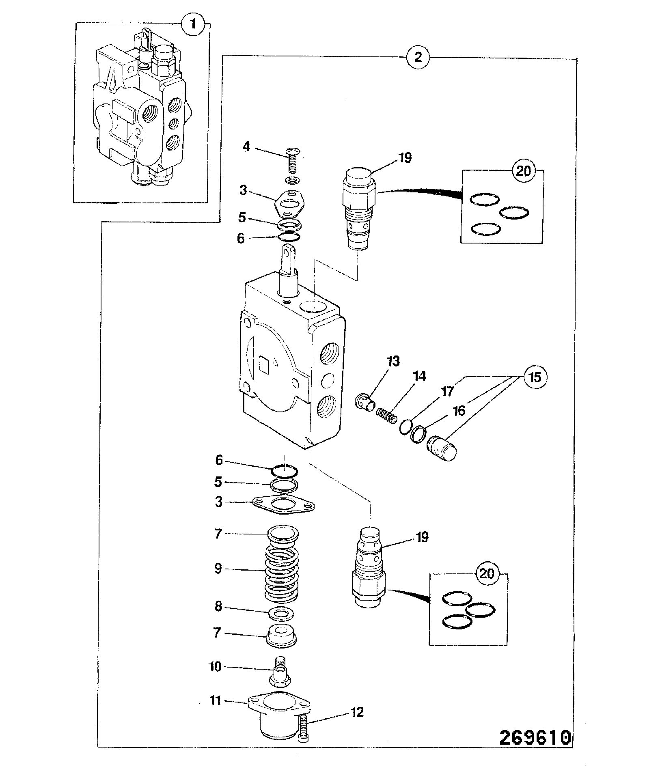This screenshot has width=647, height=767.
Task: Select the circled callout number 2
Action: point(418,57)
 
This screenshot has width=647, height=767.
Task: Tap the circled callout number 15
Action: point(535,377)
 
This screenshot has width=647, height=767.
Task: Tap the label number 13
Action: point(393,362)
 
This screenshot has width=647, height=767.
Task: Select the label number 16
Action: point(459,412)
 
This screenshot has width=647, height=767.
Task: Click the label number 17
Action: point(447,392)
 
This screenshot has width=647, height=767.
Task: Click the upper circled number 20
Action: point(522,171)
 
